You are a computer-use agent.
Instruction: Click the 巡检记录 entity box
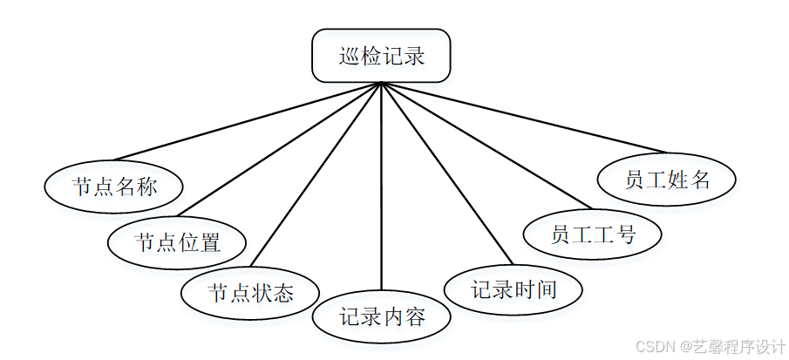coord(381,57)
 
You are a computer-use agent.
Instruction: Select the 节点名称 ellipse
coord(114,186)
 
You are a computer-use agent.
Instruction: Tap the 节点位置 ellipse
coord(177,241)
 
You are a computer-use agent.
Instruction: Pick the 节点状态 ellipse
coord(250,292)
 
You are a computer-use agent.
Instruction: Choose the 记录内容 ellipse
coord(382,316)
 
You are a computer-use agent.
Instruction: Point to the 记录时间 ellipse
coord(514,289)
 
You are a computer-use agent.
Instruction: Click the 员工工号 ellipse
coord(593,234)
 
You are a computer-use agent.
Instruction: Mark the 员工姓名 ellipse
coord(667,180)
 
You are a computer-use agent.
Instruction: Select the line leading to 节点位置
coord(279,149)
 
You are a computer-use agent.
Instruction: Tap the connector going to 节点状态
coord(316,174)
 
